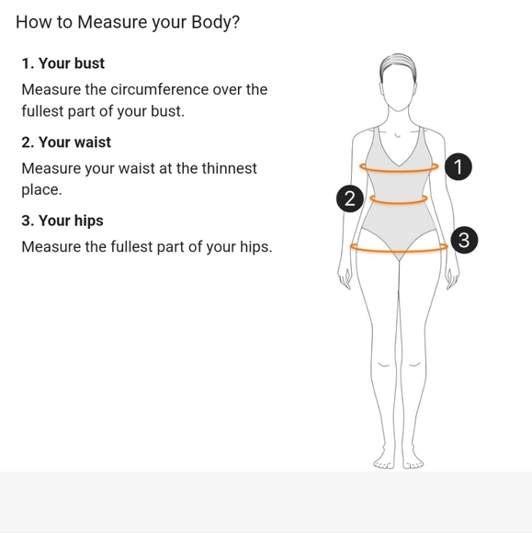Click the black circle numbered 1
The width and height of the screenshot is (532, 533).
click(x=458, y=166)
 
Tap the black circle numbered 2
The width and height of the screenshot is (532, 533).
click(x=350, y=198)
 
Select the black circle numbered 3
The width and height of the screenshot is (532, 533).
click(x=464, y=240)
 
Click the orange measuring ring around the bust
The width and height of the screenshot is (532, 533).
click(x=399, y=171)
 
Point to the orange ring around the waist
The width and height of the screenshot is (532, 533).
click(x=399, y=202)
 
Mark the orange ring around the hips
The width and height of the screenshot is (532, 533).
click(x=399, y=251)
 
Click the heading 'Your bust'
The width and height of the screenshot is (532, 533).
click(x=72, y=63)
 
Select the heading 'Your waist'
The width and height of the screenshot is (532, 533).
click(x=74, y=142)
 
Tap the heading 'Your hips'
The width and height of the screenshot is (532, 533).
click(x=71, y=221)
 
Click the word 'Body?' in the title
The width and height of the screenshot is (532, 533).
click(x=216, y=22)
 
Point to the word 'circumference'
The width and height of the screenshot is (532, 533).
click(x=160, y=89)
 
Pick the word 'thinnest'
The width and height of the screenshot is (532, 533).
click(x=229, y=168)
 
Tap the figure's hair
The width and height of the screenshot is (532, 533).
click(x=398, y=62)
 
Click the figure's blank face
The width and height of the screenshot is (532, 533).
click(x=398, y=89)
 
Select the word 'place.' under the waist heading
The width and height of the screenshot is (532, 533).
click(x=42, y=189)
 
